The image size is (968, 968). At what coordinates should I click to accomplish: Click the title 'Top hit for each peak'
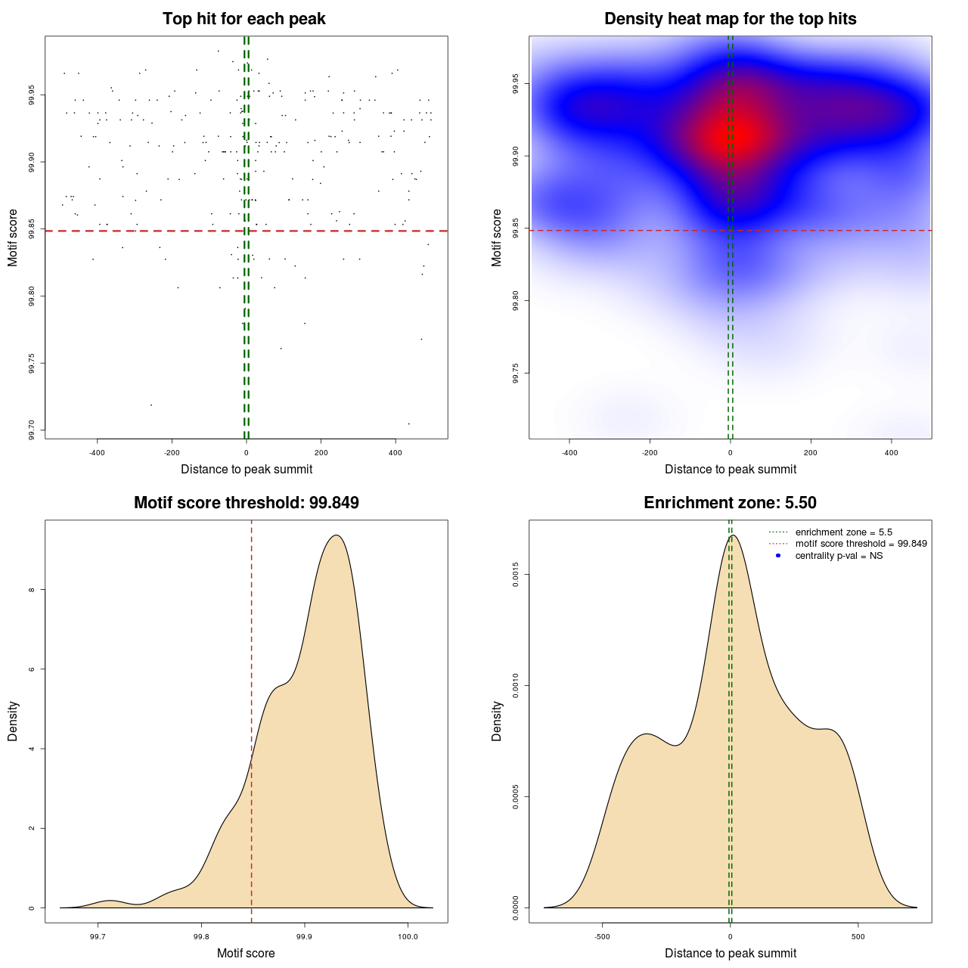[x=244, y=19]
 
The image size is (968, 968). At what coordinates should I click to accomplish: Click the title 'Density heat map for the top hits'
[x=730, y=19]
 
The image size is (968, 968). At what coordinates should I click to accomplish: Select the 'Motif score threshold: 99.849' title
[x=246, y=503]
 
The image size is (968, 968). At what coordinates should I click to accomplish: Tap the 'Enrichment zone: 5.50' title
[x=730, y=503]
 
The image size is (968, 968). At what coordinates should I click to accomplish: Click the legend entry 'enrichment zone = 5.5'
[x=843, y=532]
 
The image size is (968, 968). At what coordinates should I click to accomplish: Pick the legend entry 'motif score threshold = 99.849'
[x=861, y=544]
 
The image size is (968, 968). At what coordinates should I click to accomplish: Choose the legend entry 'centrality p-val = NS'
[x=839, y=556]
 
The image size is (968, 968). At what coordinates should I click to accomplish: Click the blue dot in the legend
[x=778, y=556]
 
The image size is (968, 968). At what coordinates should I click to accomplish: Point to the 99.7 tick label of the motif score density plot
[x=98, y=937]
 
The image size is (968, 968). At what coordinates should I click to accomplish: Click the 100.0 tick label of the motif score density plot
[x=408, y=937]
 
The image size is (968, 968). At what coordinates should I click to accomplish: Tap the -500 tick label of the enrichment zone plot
[x=602, y=937]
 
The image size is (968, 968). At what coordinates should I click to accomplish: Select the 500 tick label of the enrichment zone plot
[x=858, y=937]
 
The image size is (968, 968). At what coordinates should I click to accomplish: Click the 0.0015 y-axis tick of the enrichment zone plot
[x=516, y=575]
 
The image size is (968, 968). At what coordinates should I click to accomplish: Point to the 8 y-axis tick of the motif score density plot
[x=32, y=590]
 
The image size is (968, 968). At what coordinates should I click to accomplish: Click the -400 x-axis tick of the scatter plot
[x=97, y=453]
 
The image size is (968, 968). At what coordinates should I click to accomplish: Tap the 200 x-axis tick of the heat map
[x=811, y=453]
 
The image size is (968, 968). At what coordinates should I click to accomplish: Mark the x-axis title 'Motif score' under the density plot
[x=246, y=953]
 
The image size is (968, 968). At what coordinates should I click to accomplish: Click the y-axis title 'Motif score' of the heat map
[x=497, y=237]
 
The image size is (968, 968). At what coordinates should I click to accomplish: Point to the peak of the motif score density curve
[x=337, y=535]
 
